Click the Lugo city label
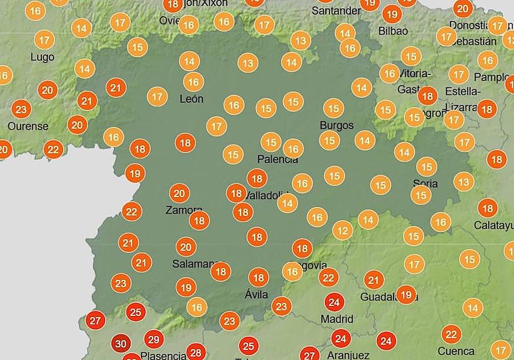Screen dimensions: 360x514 42,57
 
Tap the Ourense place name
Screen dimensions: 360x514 28,126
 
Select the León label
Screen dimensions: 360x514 191,99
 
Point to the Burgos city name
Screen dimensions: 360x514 337,126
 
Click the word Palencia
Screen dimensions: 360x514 277,159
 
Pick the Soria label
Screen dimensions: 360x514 425,183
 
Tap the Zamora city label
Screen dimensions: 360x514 183,210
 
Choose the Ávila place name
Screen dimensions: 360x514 257,294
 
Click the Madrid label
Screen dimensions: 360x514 337,319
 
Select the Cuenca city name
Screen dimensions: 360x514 456,351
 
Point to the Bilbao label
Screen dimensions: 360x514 393,31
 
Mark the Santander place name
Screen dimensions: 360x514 336,11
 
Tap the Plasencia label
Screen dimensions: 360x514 163,355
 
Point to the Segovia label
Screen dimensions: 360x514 309,265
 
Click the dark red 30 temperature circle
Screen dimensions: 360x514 122,344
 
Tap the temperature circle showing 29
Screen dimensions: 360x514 153,340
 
